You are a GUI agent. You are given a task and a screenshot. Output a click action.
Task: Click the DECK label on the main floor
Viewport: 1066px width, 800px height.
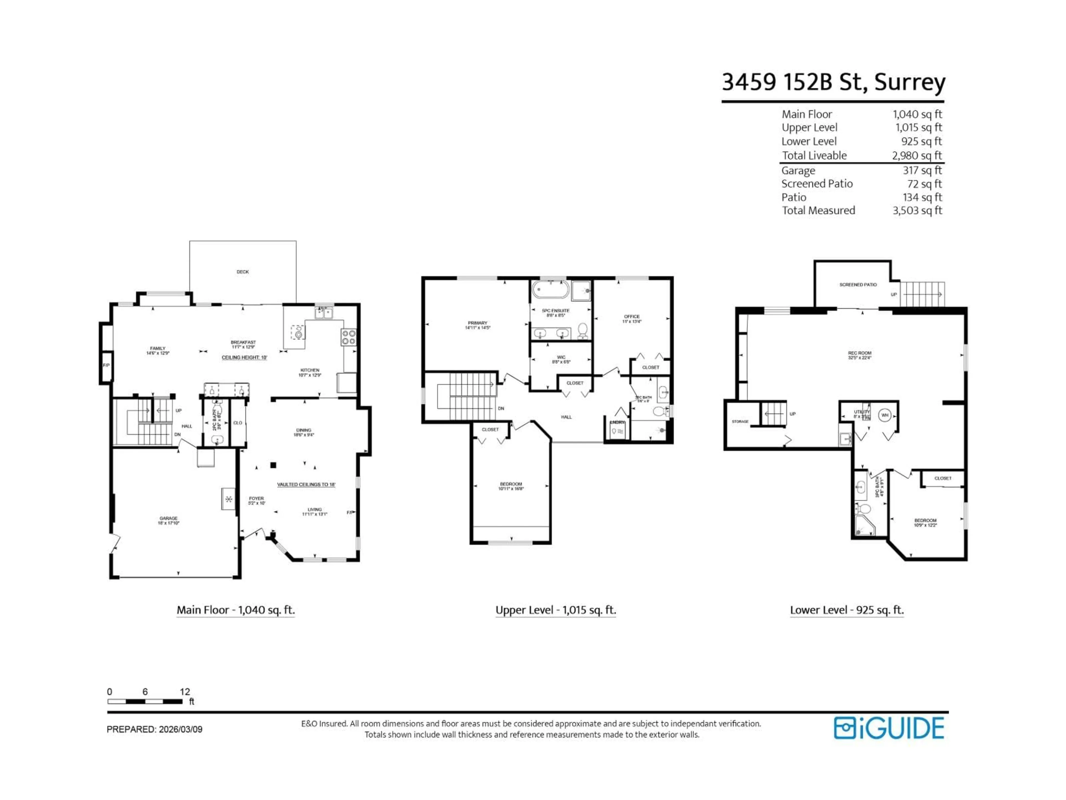pyautogui.click(x=242, y=272)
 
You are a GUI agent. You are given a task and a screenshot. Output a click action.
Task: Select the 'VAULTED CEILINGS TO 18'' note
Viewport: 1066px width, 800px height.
pyautogui.click(x=306, y=485)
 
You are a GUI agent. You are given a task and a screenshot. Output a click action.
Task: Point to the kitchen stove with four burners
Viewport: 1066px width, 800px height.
pyautogui.click(x=348, y=337)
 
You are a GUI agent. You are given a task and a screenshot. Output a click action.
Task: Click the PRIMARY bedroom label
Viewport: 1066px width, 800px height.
pyautogui.click(x=477, y=323)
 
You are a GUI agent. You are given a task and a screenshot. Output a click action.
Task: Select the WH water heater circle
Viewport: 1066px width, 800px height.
pyautogui.click(x=884, y=415)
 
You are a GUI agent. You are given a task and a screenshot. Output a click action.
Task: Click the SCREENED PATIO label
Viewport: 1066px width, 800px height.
pyautogui.click(x=858, y=285)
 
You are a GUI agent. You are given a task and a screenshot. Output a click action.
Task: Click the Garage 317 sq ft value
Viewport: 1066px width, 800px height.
pyautogui.click(x=922, y=170)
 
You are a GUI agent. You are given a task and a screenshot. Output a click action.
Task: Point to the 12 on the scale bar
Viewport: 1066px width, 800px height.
pyautogui.click(x=185, y=691)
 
